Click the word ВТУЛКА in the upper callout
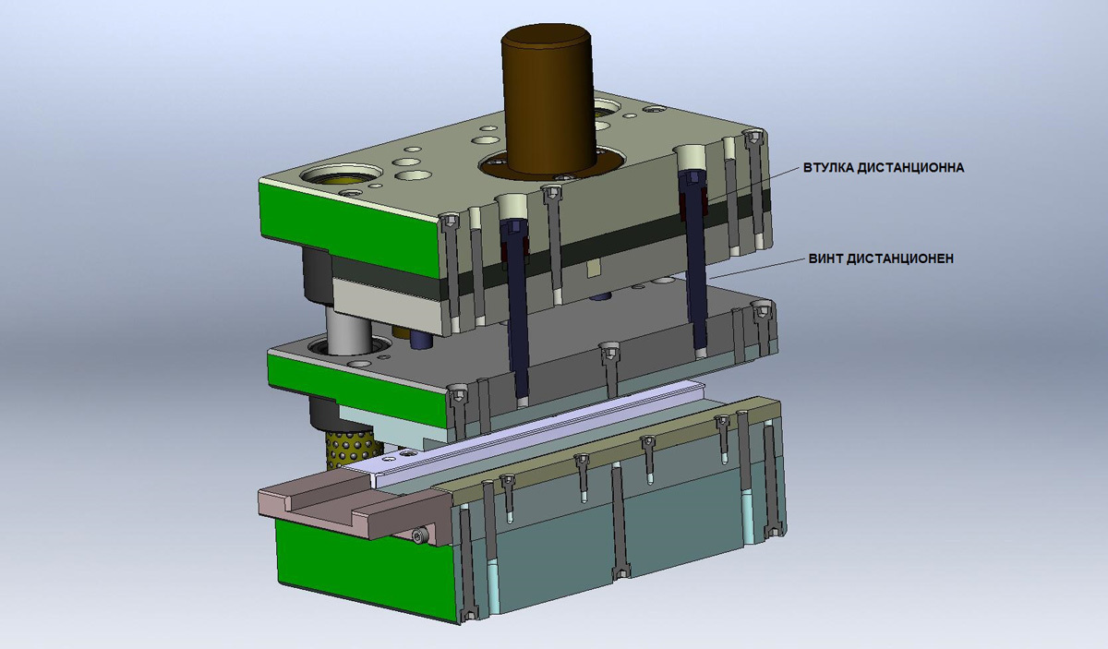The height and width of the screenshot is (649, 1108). tap(828, 168)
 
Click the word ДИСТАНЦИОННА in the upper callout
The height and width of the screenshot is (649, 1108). tap(910, 168)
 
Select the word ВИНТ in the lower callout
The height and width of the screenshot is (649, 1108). tap(825, 258)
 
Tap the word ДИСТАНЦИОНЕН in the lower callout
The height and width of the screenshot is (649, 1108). tap(899, 258)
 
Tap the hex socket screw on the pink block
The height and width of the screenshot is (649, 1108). tap(420, 535)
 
